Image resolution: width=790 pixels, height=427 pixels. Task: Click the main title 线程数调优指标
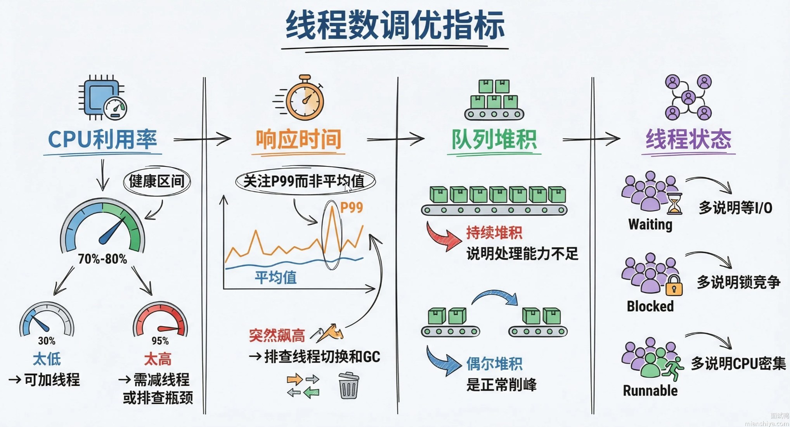(395, 26)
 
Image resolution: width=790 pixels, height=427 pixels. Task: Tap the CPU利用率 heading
(102, 140)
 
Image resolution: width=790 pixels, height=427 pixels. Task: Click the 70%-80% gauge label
(102, 259)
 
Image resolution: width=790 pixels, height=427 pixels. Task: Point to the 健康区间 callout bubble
(157, 181)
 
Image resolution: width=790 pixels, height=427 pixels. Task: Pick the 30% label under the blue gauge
(47, 341)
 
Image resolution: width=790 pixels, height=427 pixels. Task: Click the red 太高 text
(158, 359)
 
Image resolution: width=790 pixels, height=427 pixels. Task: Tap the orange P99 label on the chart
(352, 208)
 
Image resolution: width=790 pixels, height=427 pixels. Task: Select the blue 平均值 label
(275, 277)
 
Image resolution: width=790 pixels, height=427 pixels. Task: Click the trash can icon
(348, 386)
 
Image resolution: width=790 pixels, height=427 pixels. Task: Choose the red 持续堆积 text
(494, 233)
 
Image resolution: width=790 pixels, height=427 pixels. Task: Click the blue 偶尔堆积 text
(494, 364)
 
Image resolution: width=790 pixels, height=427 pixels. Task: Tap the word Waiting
(650, 225)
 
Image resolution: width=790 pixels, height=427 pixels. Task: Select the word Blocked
(650, 306)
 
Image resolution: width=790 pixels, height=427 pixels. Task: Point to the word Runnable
(650, 391)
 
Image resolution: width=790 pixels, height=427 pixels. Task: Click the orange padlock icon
(674, 286)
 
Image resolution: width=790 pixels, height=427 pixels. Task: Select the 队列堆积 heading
(494, 140)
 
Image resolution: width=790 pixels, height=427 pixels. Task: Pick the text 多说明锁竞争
(738, 282)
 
